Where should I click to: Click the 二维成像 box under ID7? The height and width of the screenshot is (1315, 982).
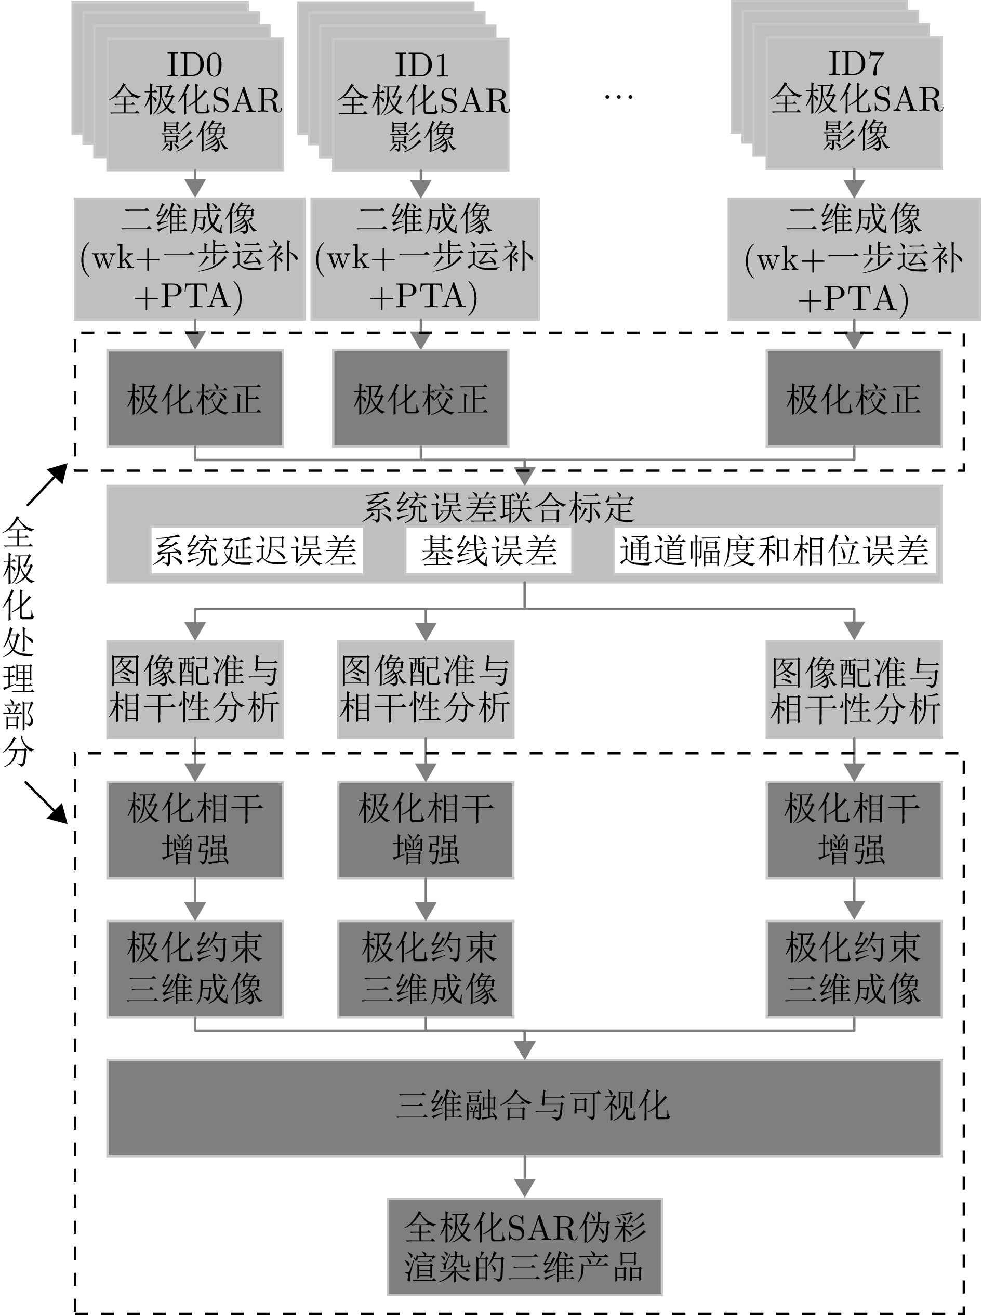coord(854,259)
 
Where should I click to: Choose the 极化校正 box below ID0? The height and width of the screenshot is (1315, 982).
coord(194,398)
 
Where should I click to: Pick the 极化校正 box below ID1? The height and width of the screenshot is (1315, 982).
coord(420,398)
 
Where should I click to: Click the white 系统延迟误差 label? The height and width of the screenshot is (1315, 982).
coord(256,550)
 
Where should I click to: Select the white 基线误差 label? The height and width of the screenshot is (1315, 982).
coord(488,550)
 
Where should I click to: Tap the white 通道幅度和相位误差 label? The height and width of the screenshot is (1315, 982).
coord(774,550)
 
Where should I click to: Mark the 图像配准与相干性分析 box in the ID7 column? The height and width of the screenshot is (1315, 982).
coord(854,690)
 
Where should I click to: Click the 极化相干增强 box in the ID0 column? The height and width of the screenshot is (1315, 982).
coord(194,830)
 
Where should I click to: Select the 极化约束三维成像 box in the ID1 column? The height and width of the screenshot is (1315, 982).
coord(425,968)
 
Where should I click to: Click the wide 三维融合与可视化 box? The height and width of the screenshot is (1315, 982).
coord(524,1108)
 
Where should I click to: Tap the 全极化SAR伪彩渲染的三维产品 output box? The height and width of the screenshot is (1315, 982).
coord(524,1246)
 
